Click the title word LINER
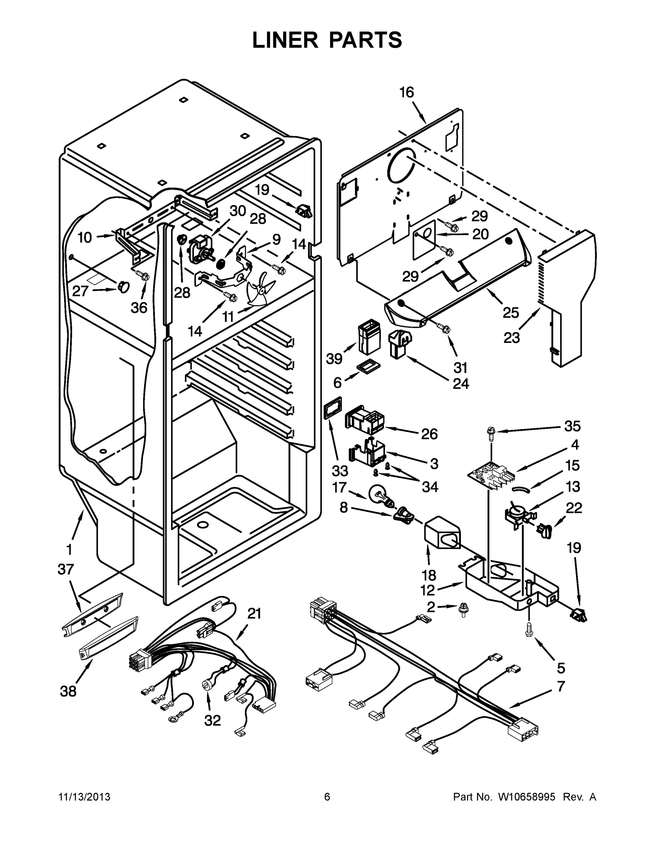tap(285, 40)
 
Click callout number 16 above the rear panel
tap(407, 93)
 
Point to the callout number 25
tap(510, 313)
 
